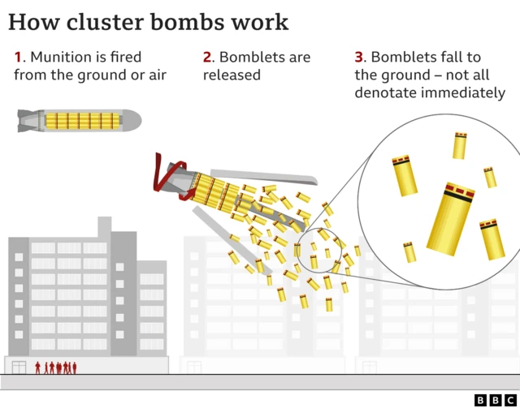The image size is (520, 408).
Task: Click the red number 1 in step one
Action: pyautogui.click(x=17, y=58)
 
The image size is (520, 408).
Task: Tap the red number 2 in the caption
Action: pyautogui.click(x=207, y=58)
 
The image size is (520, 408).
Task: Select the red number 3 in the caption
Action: pyautogui.click(x=359, y=58)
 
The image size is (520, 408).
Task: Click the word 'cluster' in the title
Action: pyautogui.click(x=108, y=21)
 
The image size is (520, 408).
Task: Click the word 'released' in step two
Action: pyautogui.click(x=232, y=75)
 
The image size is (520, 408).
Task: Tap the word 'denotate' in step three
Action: pyautogui.click(x=385, y=93)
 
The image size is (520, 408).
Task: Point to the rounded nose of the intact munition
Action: pyautogui.click(x=133, y=121)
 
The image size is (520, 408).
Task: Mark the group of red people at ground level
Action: pyautogui.click(x=56, y=367)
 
